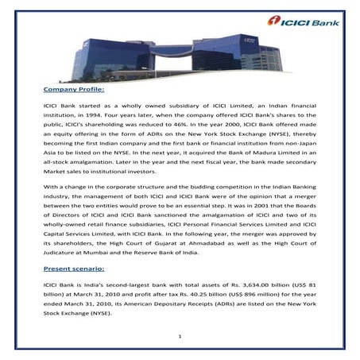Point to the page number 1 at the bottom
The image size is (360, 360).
pyautogui.click(x=180, y=338)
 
